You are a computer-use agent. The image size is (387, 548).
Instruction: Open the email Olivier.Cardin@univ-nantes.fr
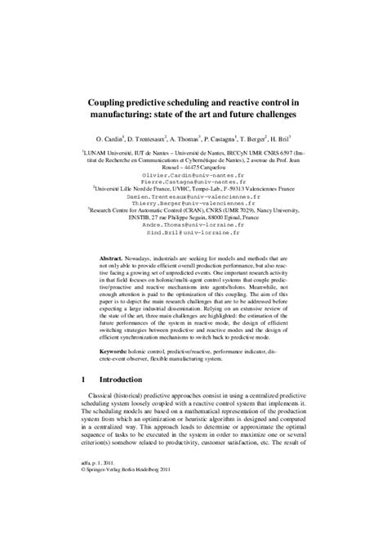point(193,173)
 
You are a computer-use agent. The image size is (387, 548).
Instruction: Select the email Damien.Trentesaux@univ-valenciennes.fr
point(193,196)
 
